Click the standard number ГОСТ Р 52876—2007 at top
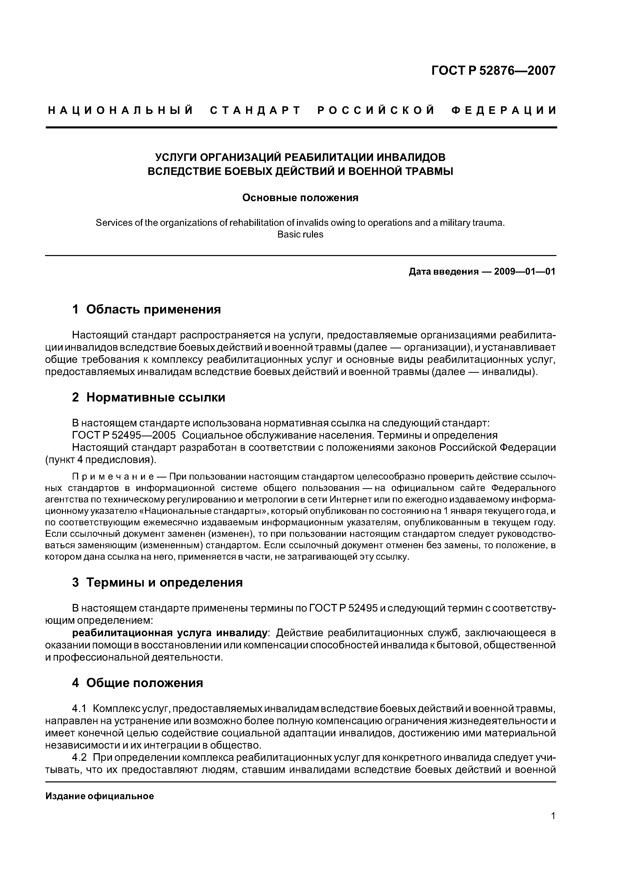point(493,70)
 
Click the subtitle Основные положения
point(300,198)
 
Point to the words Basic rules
point(300,235)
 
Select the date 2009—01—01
point(524,272)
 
